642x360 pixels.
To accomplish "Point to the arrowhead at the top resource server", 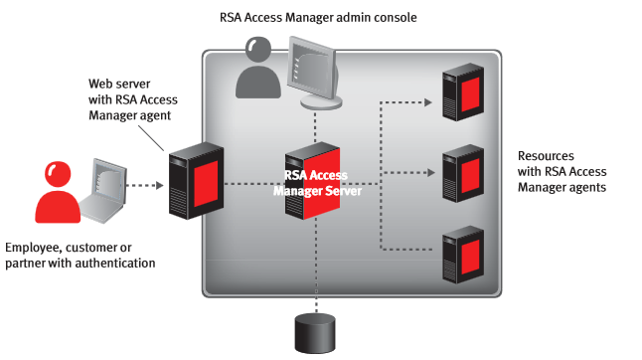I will [x=428, y=101].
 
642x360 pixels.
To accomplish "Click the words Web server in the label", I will [x=110, y=97].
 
